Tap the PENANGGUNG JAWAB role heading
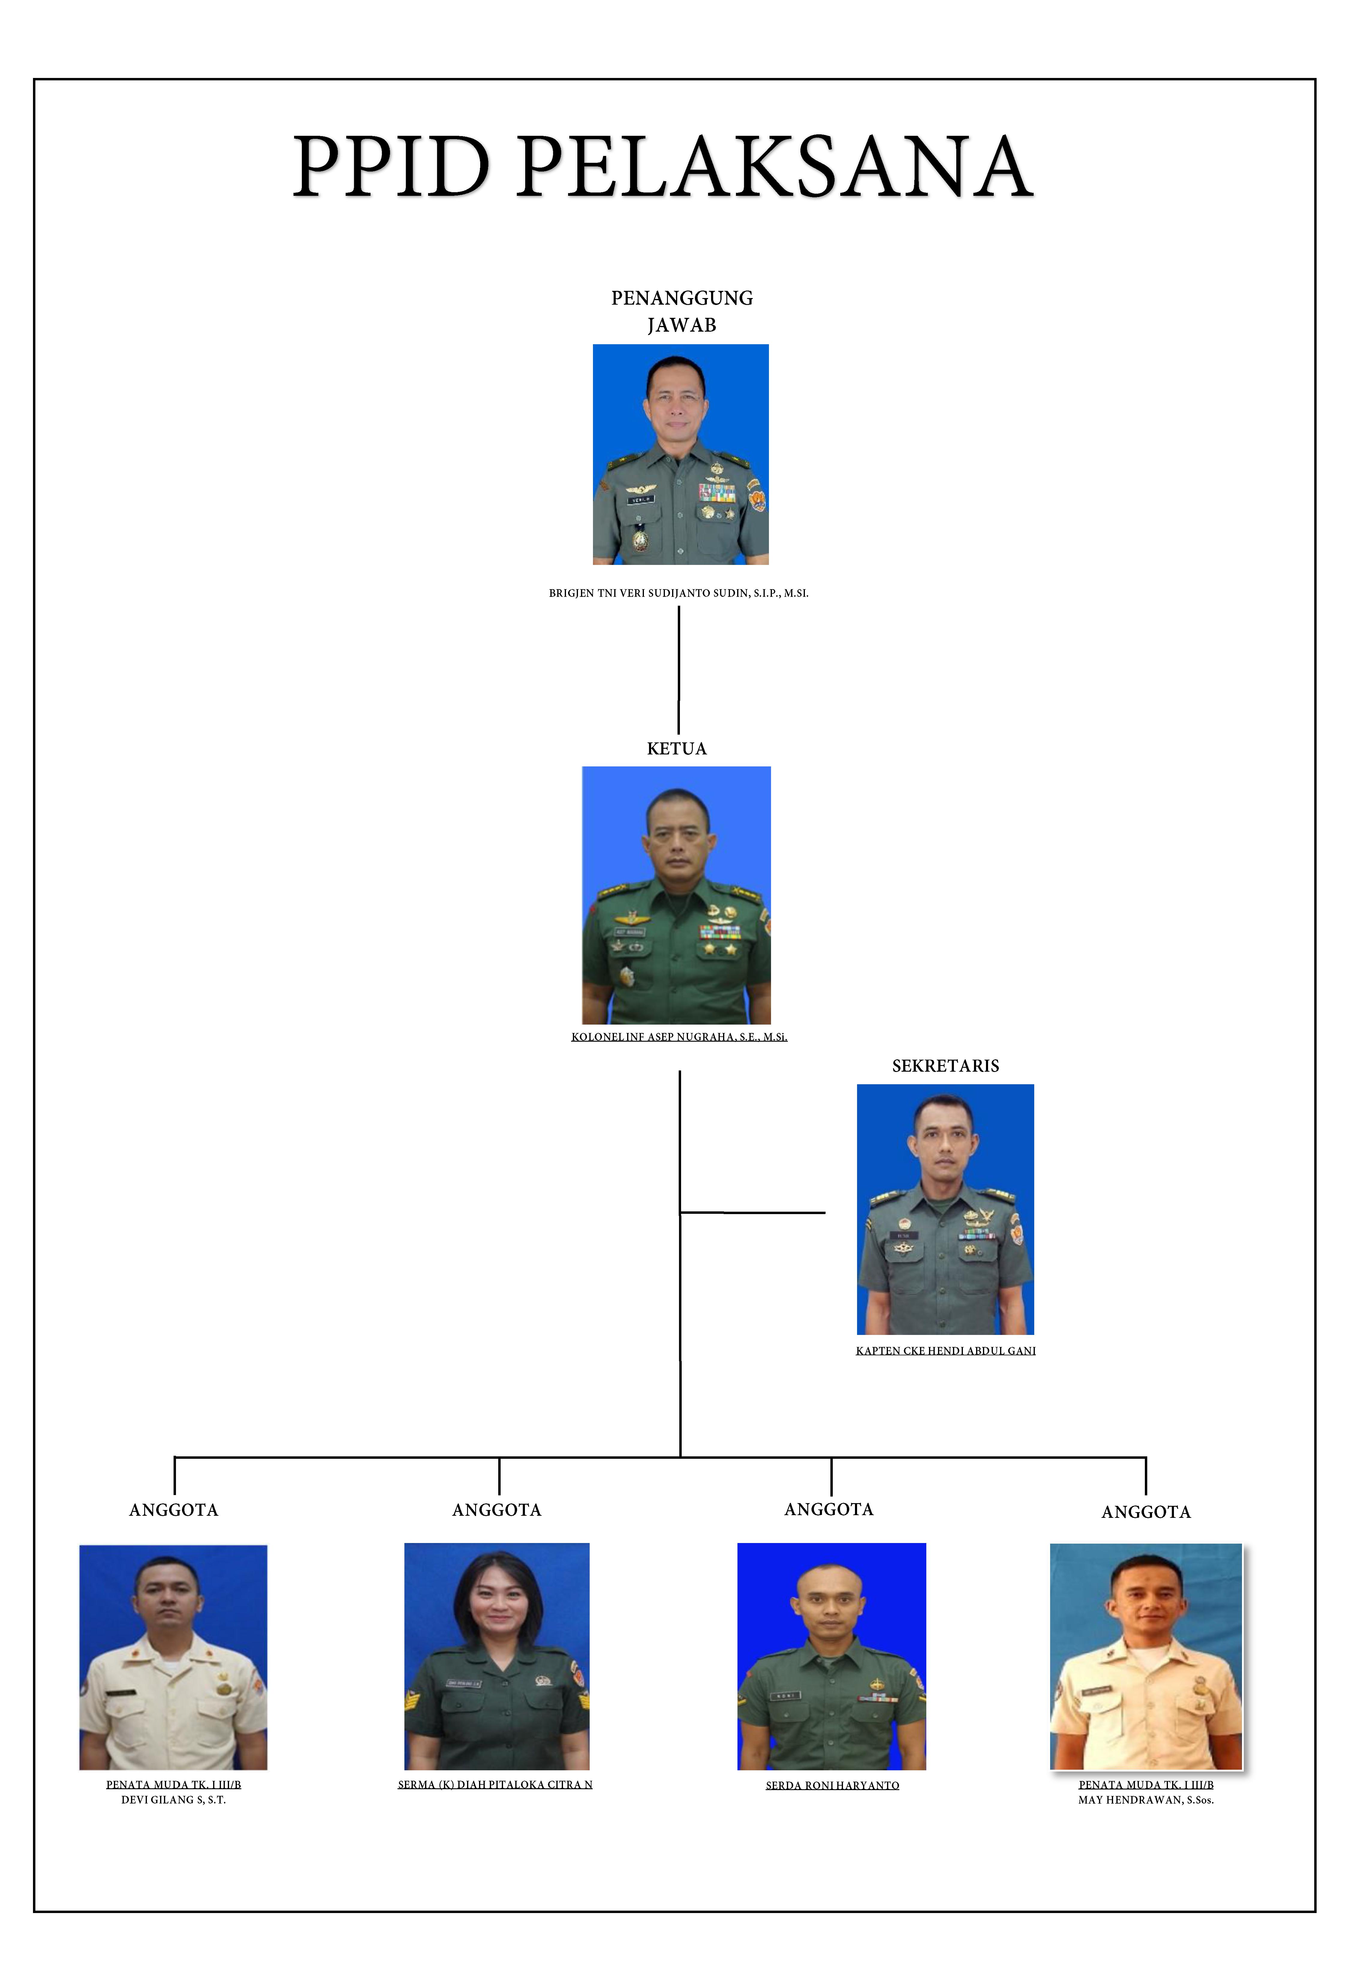pos(682,311)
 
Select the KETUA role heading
pos(677,748)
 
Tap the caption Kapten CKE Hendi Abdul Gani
pos(945,1351)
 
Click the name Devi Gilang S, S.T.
pos(174,1800)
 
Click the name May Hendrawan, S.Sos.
pos(1145,1800)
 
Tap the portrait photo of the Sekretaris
pos(945,1209)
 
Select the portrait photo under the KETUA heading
pos(677,895)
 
